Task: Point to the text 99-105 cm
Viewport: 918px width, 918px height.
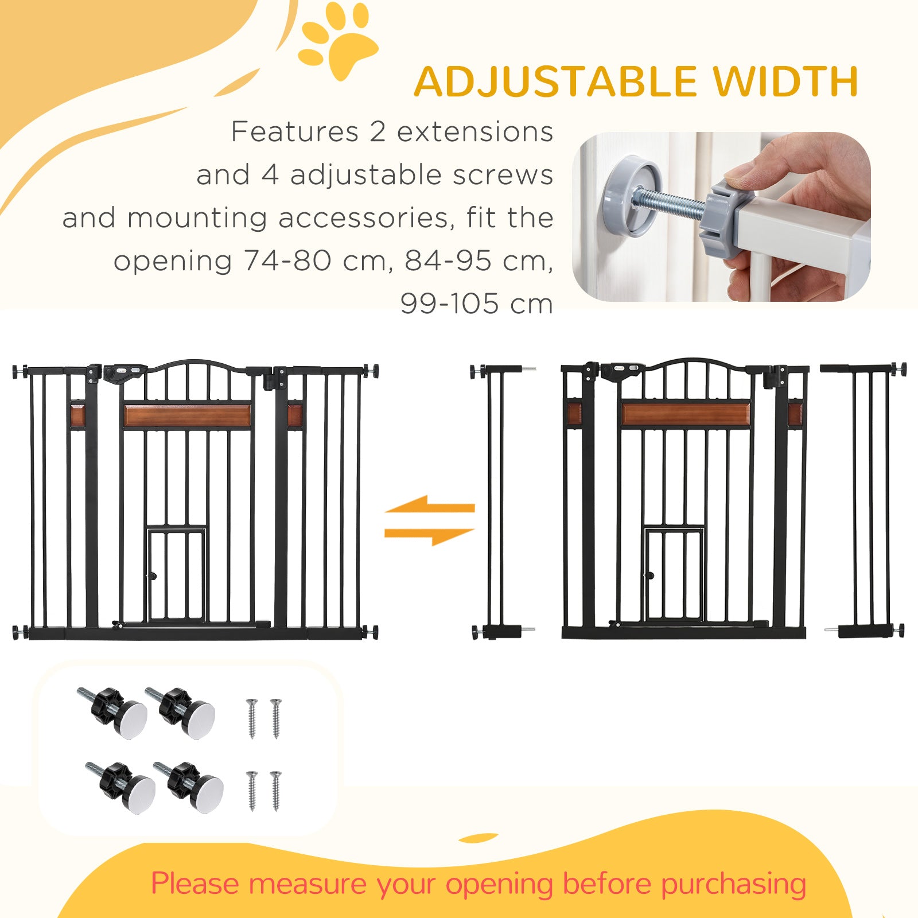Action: [476, 304]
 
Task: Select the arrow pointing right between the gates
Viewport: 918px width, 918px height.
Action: [430, 535]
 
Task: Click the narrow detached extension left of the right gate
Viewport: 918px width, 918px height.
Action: [497, 499]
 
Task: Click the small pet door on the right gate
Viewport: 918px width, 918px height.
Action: [674, 574]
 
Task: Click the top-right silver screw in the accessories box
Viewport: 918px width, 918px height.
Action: [276, 718]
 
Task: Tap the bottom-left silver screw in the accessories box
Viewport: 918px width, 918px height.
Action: [252, 791]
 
